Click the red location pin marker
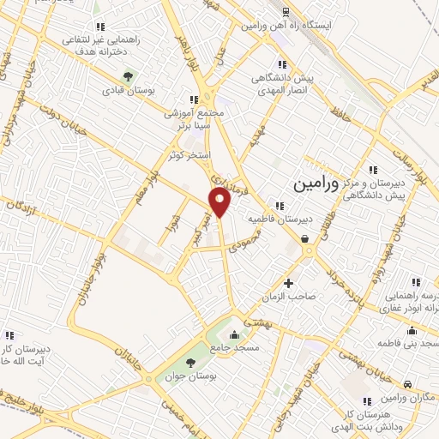pos(220,202)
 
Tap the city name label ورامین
pos(311,183)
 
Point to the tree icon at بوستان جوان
pos(213,348)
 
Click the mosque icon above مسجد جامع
pos(234,334)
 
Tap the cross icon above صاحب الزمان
pos(288,283)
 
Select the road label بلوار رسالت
pos(410,166)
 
